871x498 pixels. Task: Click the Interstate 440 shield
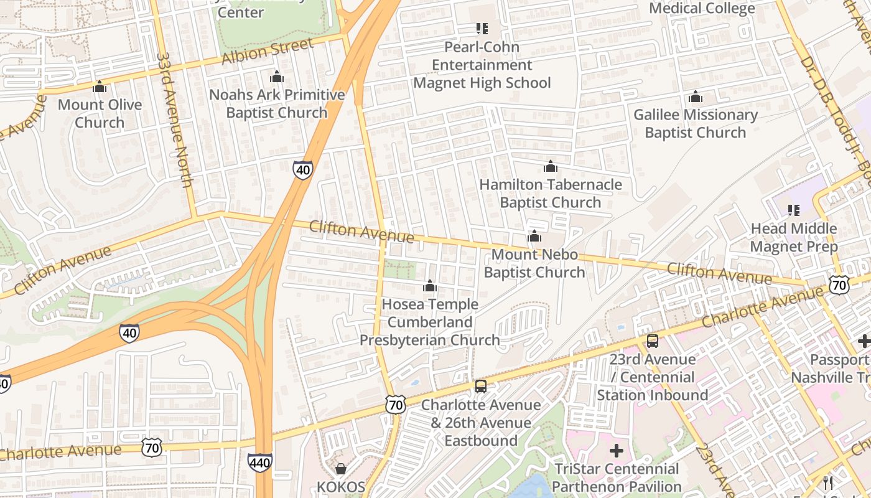pyautogui.click(x=259, y=462)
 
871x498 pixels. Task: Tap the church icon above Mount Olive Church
pyautogui.click(x=100, y=87)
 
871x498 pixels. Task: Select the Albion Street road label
pyautogui.click(x=268, y=51)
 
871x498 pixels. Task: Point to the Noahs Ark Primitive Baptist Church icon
pyautogui.click(x=276, y=77)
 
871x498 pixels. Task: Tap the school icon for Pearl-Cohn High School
pyautogui.click(x=482, y=29)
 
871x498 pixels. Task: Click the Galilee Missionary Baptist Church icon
pyautogui.click(x=695, y=97)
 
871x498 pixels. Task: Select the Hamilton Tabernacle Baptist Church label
pyautogui.click(x=550, y=193)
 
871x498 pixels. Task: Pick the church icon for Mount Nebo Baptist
pyautogui.click(x=534, y=237)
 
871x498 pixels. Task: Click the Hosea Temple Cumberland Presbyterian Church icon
pyautogui.click(x=429, y=286)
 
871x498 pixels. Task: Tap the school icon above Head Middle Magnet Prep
pyautogui.click(x=793, y=210)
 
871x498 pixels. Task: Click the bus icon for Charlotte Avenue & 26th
pyautogui.click(x=480, y=387)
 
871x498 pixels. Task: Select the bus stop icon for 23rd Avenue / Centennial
pyautogui.click(x=652, y=341)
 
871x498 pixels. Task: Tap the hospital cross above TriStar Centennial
pyautogui.click(x=616, y=451)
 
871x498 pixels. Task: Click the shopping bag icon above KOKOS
pyautogui.click(x=340, y=468)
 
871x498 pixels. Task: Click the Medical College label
pyautogui.click(x=702, y=8)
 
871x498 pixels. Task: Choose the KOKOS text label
pyautogui.click(x=340, y=486)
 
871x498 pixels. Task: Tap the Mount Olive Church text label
pyautogui.click(x=100, y=113)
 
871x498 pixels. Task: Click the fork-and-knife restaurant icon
pyautogui.click(x=828, y=482)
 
